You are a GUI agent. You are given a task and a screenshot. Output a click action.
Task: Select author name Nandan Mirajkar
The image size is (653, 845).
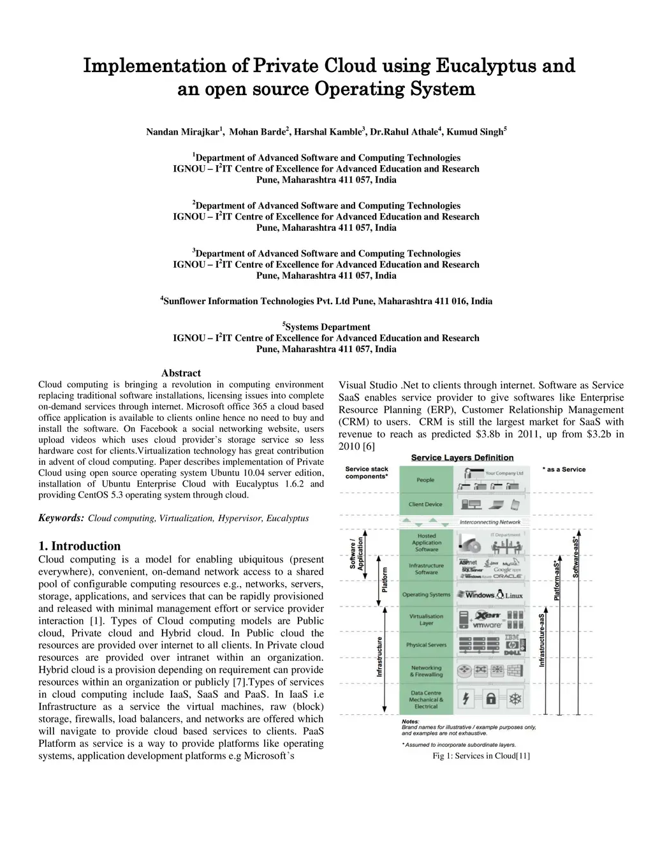[x=182, y=132]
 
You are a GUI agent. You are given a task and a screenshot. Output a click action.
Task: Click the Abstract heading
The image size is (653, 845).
[x=181, y=373]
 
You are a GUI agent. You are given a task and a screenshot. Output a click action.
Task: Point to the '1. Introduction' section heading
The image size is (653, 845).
[x=80, y=546]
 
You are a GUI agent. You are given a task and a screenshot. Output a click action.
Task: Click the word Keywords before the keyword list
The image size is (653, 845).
[x=61, y=518]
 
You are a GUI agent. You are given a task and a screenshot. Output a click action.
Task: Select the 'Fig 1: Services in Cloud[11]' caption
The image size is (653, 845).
[x=481, y=756]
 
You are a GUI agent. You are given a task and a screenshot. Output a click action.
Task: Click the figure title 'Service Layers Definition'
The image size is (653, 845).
[x=462, y=457]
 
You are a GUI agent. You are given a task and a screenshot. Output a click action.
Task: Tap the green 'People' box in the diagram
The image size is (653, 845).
[x=425, y=480]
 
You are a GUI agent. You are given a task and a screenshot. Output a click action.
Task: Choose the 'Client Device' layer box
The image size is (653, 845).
[x=425, y=504]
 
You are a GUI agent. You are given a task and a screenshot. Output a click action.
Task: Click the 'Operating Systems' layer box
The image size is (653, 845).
[x=426, y=594]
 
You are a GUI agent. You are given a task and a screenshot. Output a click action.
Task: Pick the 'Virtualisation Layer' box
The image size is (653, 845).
[x=426, y=619]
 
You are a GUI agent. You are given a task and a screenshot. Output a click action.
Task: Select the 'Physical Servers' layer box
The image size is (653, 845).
[x=426, y=645]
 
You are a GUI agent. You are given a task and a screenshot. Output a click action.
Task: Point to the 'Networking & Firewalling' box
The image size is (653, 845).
[x=426, y=671]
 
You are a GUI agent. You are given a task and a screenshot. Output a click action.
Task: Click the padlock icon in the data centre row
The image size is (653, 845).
[x=490, y=699]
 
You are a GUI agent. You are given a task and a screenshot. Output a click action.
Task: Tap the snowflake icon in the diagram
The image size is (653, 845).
[x=515, y=699]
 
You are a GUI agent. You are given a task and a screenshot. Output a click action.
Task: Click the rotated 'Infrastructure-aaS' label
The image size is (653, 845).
[x=542, y=640]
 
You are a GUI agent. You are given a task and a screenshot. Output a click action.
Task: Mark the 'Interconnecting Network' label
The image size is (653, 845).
[x=490, y=522]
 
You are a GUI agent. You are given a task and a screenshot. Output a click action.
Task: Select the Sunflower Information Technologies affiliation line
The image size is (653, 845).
[x=326, y=301]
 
